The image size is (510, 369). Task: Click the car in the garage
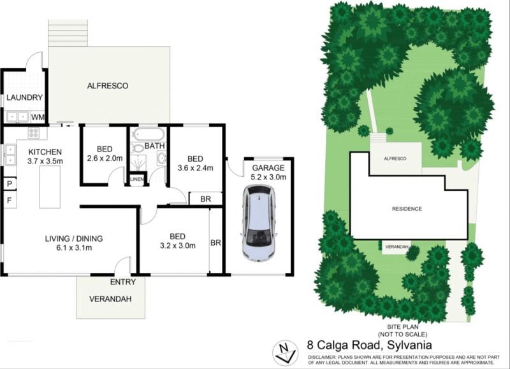259,223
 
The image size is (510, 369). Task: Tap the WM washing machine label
38,117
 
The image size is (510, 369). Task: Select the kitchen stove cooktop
34,132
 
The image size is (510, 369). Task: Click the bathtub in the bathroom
149,134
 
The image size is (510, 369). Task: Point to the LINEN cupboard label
136,179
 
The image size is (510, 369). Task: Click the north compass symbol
284,352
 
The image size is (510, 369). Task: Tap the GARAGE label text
268,168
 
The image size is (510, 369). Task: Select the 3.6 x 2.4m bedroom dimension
195,168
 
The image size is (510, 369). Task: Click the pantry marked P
10,184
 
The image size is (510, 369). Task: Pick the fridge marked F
10,200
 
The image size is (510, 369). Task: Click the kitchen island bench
50,186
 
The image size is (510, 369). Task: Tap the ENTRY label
122,282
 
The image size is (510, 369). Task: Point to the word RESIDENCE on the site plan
407,209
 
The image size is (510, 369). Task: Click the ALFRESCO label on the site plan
395,158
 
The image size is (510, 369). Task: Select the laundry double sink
17,116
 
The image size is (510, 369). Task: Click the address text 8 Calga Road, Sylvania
370,345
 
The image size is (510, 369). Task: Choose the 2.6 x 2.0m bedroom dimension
105,158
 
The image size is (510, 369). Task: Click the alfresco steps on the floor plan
68,34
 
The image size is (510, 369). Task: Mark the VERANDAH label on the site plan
397,247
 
